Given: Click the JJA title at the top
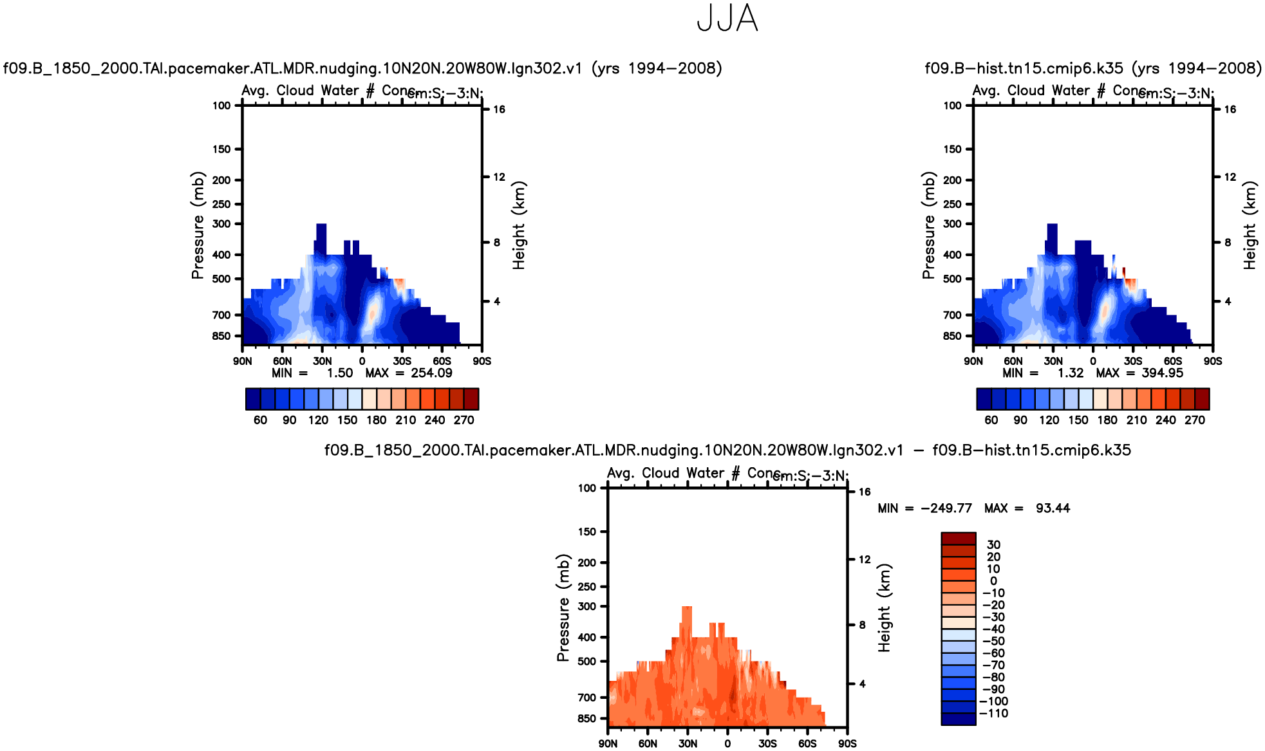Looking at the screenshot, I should (x=727, y=19).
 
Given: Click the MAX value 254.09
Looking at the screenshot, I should (x=431, y=373).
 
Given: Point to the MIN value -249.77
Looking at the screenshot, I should (x=946, y=508).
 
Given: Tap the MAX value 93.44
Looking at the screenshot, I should (x=1053, y=508).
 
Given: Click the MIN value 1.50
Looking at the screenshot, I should (x=340, y=373).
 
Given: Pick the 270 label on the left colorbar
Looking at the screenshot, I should (x=464, y=420).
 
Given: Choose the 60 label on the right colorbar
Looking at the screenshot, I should (x=991, y=420).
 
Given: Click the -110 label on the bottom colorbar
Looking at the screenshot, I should (x=993, y=714).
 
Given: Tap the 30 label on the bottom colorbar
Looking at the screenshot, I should (x=993, y=545).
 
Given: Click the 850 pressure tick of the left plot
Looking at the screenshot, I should (x=221, y=336).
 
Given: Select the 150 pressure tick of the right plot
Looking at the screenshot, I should (x=952, y=149).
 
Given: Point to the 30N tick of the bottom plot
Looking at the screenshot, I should (x=688, y=744).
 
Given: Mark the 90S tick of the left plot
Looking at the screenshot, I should (x=482, y=362).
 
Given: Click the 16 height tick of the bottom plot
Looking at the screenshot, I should (x=865, y=492).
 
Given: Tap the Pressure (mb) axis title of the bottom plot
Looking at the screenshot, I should (x=563, y=607).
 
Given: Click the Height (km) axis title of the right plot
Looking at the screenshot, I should (x=1250, y=225).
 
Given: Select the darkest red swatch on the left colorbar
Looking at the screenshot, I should (x=471, y=399).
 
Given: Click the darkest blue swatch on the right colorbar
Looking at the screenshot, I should (x=984, y=399).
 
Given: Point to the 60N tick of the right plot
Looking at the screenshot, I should (x=1013, y=362).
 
